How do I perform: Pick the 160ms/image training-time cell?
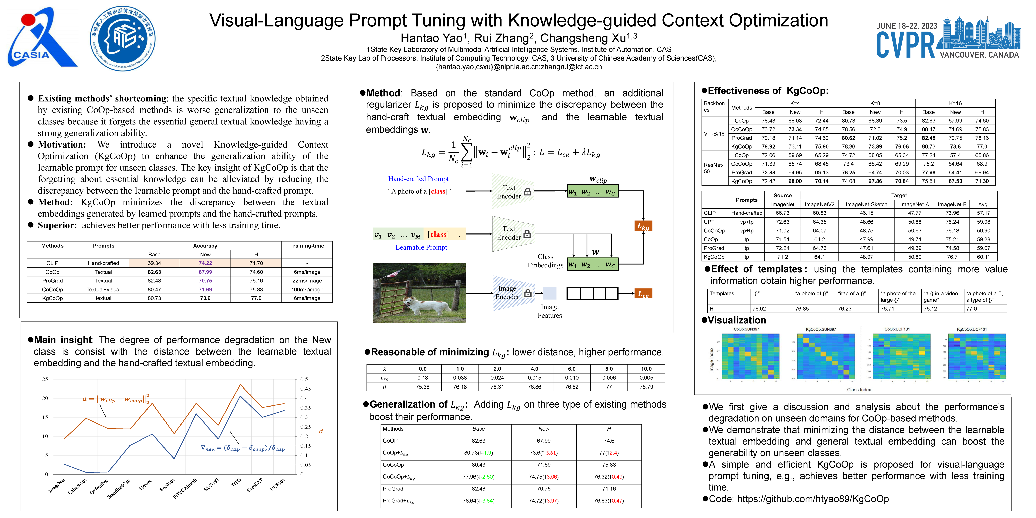pos(307,290)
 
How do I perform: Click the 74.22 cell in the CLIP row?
pos(205,263)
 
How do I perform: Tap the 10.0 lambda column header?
pos(646,369)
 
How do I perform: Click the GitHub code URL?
pos(812,499)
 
